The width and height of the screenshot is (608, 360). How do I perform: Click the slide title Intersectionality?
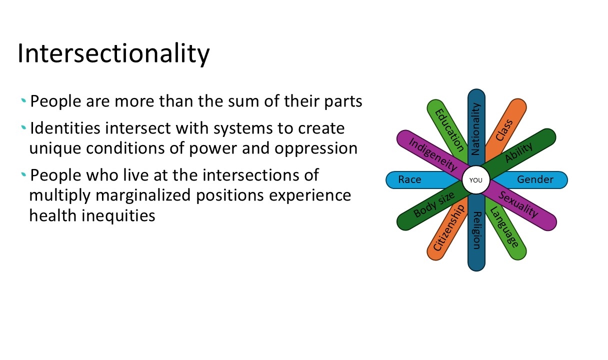tap(113, 53)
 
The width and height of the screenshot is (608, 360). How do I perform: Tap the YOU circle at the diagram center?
tap(476, 180)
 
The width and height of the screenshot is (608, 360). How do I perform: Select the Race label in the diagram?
tap(409, 179)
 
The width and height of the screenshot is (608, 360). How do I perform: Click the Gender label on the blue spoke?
tap(535, 179)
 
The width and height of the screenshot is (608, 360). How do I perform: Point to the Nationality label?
tap(476, 129)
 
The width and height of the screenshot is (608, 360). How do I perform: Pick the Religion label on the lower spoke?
tap(477, 230)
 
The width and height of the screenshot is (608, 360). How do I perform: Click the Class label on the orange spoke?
tap(504, 130)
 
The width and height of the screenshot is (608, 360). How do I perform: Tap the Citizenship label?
tap(448, 227)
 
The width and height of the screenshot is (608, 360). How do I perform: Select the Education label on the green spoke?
tap(449, 130)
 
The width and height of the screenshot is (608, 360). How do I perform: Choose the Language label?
tap(504, 227)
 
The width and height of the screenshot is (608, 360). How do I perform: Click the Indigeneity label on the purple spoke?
tap(433, 155)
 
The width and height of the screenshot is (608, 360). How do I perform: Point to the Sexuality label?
tap(518, 204)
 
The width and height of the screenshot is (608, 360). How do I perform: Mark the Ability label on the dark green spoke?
tap(518, 152)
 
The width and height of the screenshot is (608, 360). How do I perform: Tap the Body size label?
tap(433, 204)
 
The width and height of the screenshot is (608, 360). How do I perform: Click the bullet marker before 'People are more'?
tap(23, 100)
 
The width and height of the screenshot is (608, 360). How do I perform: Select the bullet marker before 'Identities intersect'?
tap(23, 127)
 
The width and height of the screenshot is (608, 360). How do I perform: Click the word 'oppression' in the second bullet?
tap(316, 148)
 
